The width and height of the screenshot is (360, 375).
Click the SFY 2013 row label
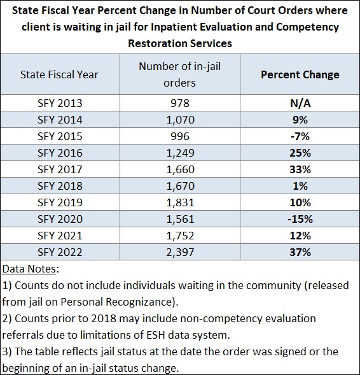(x=60, y=103)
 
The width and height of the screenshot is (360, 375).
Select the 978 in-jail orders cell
(x=180, y=103)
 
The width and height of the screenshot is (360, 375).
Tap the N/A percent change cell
(x=300, y=103)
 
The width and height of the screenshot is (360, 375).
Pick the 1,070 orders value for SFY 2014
(x=181, y=120)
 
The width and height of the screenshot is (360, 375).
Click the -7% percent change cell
(x=300, y=136)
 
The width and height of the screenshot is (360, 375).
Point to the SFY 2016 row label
(x=60, y=153)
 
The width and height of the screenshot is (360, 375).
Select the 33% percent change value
(x=300, y=169)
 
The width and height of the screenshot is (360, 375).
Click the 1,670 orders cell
(x=181, y=186)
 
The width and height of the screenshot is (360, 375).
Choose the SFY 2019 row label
(x=60, y=202)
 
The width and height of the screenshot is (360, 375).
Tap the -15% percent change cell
(x=300, y=219)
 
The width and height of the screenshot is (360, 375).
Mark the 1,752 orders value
(x=181, y=236)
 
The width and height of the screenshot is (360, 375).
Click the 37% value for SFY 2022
(x=300, y=252)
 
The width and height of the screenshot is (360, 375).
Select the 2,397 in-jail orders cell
(x=181, y=252)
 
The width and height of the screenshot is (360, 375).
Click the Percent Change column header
(x=300, y=74)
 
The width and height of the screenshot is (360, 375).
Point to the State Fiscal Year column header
(x=59, y=74)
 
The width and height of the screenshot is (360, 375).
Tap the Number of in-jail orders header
(x=179, y=74)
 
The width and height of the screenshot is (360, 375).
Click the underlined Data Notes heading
(x=29, y=269)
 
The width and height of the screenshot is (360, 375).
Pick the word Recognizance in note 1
(x=139, y=302)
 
